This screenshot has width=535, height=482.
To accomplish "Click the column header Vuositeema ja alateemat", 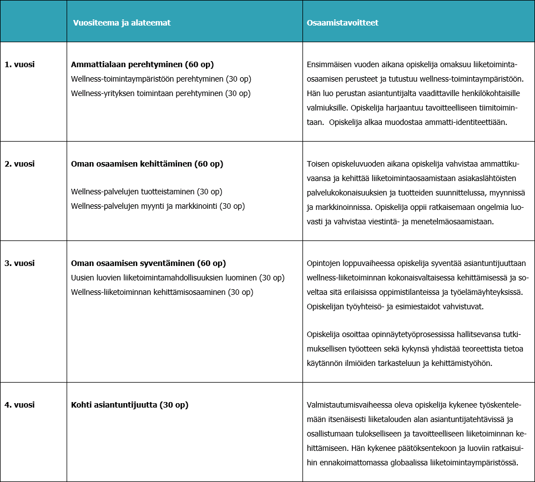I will click(122, 23).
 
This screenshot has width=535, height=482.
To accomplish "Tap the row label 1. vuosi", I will click(19, 64).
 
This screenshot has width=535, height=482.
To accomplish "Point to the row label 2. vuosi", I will click(19, 164).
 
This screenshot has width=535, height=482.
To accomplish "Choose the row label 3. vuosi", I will click(19, 263).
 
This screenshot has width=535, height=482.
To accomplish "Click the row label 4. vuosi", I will click(19, 405).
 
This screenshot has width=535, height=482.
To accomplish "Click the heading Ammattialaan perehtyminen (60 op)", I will click(143, 64).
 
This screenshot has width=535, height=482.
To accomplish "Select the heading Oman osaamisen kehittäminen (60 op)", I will click(147, 164).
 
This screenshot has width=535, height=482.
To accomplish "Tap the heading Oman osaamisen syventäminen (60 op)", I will click(148, 263).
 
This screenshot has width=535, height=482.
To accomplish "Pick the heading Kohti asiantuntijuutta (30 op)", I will click(130, 405).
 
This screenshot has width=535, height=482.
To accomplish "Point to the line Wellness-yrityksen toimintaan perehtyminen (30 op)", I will click(161, 93).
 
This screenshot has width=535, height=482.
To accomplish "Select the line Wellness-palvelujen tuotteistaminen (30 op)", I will click(147, 192).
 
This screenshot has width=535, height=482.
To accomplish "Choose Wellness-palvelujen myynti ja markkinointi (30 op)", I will click(158, 206).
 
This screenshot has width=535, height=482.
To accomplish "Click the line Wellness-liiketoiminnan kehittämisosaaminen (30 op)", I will click(162, 292).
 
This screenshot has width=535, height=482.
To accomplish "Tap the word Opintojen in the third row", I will click(324, 263).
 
